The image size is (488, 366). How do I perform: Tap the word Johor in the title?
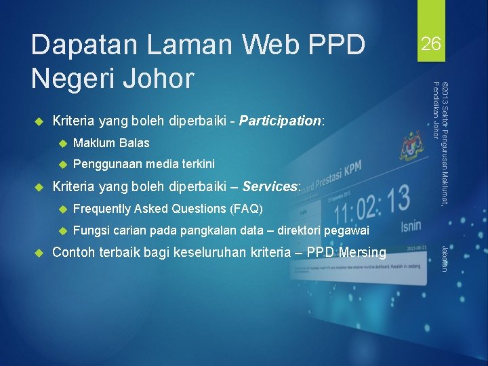(x=157, y=78)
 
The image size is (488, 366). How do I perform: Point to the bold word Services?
(x=270, y=186)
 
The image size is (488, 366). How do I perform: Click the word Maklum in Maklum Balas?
(x=94, y=143)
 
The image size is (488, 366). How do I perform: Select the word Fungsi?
(x=91, y=230)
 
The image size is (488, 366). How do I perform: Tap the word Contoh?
(x=75, y=253)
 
